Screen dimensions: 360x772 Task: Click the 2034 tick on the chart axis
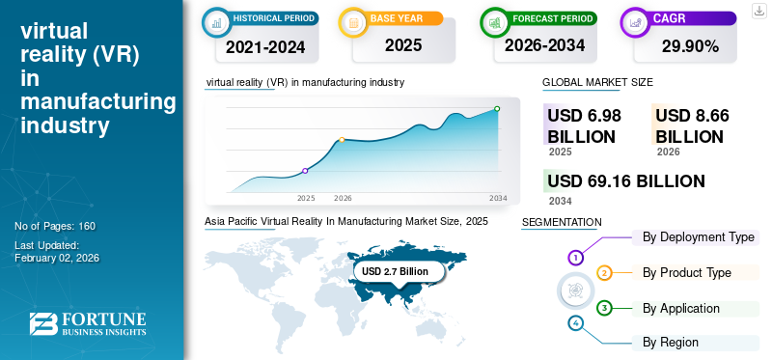tap(498, 198)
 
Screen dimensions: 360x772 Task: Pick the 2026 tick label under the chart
tap(343, 198)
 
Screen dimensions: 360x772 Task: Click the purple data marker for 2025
tap(306, 171)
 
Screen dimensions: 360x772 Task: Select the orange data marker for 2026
tap(342, 140)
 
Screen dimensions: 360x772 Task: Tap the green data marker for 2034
tap(497, 109)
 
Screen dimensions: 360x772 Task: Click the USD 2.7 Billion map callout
tap(395, 272)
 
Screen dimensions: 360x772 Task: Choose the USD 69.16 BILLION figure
tap(625, 181)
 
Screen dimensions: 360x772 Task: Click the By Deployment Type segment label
tap(699, 237)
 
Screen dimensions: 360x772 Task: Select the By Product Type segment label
tap(686, 273)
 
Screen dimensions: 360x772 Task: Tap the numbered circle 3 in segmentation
tap(604, 308)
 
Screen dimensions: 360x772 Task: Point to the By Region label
tap(671, 343)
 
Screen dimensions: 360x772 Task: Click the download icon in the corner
tap(758, 10)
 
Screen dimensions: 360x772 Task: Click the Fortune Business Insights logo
tap(89, 323)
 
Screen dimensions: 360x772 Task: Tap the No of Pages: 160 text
tap(55, 226)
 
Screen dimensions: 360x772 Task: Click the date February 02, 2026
tap(57, 258)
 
